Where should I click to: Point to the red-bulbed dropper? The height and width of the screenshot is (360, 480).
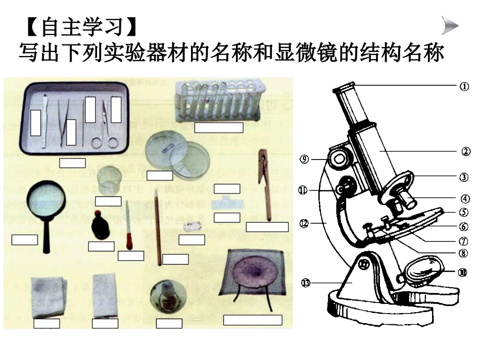(129, 227)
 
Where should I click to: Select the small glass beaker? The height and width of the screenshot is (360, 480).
(110, 180)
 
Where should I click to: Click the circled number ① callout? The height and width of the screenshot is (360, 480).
(464, 86)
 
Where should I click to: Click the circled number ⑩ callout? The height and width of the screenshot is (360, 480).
(462, 272)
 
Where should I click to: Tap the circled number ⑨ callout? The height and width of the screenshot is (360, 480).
(304, 159)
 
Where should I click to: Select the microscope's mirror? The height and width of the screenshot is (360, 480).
(423, 271)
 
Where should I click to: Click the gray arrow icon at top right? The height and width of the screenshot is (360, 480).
(450, 25)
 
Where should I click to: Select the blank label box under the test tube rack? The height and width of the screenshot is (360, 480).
(218, 127)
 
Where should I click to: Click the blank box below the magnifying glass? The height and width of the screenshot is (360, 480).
(25, 240)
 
